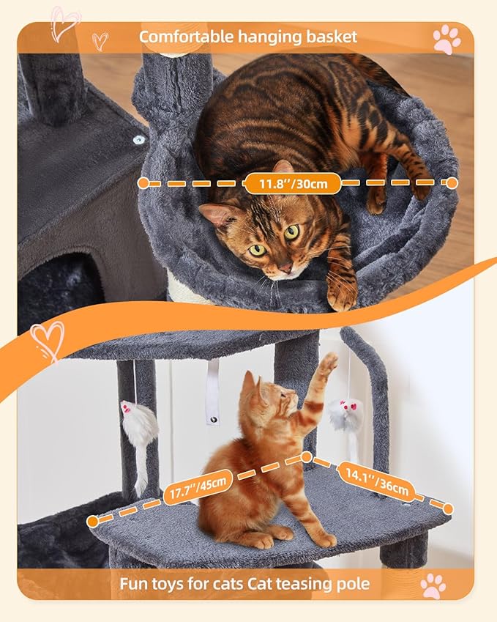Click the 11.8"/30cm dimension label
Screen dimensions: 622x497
pos(293,183)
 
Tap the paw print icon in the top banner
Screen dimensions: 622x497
pos(446,39)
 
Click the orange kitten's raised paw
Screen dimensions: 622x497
pos(328,363)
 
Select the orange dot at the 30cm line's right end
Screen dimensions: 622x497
pos(452,182)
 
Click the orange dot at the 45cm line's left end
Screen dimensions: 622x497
pos(92,522)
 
